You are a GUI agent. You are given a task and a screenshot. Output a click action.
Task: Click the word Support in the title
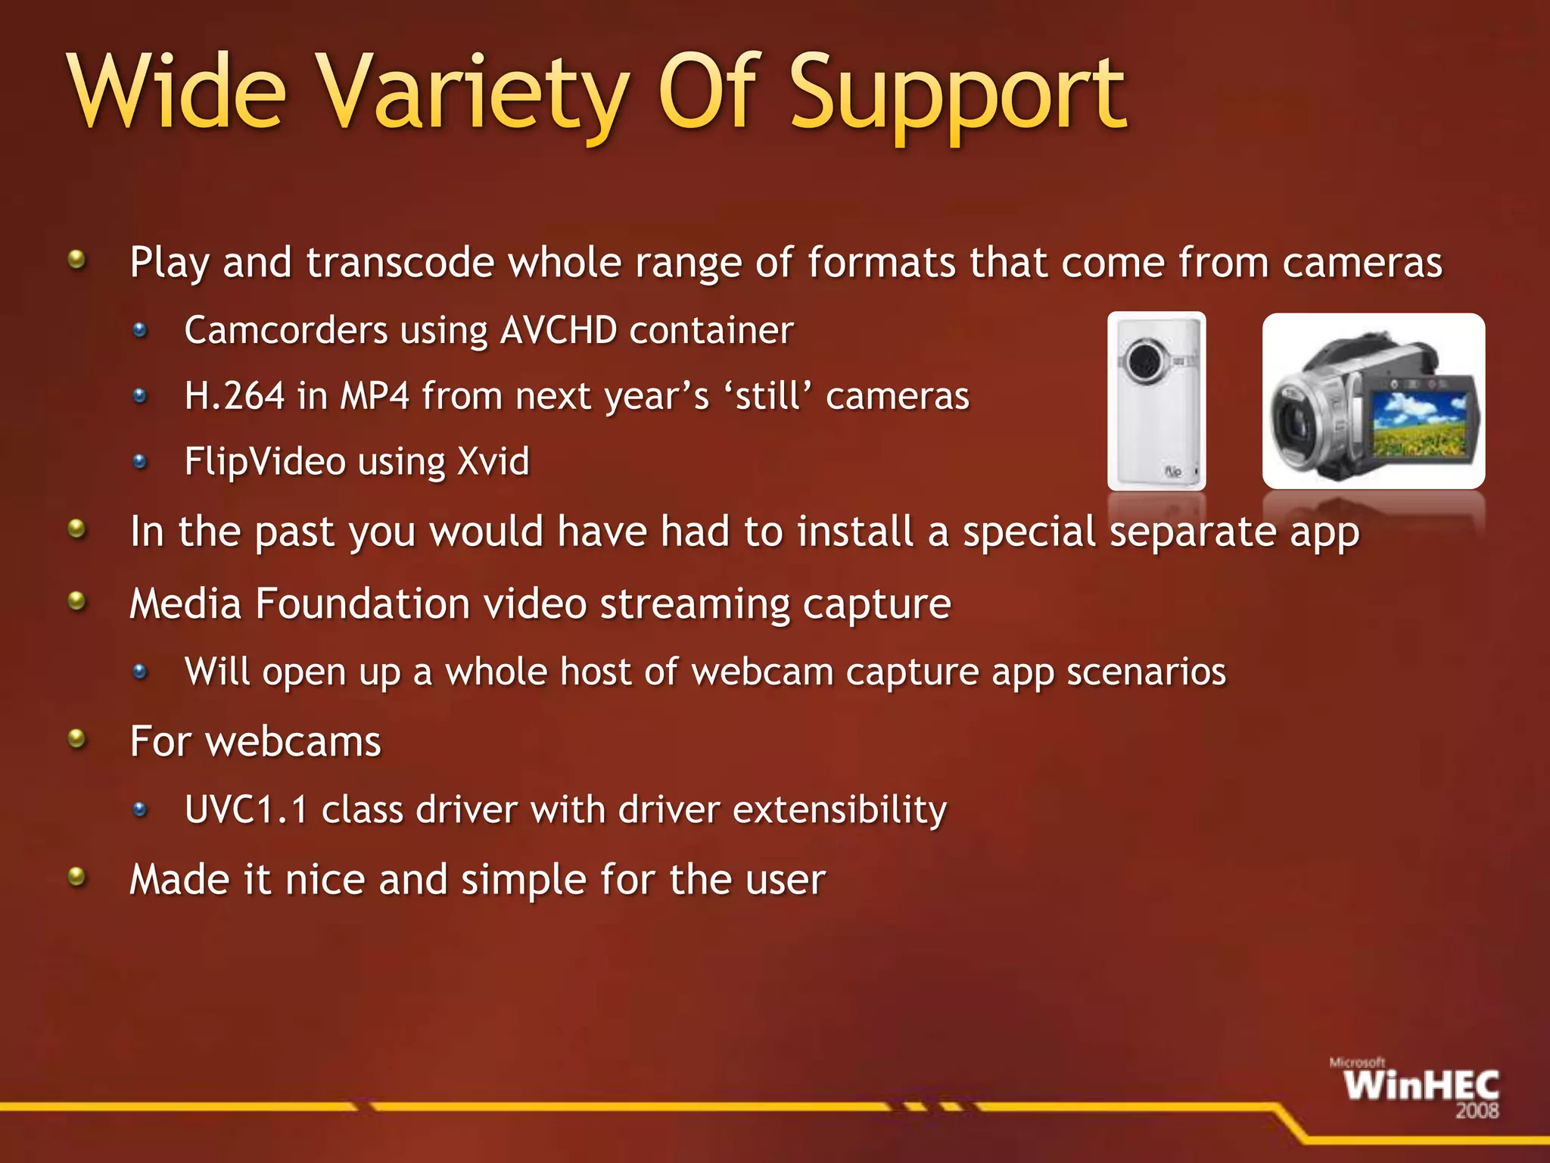[x=957, y=95]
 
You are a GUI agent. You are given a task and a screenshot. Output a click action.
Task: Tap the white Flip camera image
[x=1156, y=401]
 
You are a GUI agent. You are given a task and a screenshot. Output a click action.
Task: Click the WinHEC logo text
[x=1421, y=1086]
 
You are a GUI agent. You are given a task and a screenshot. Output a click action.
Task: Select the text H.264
[x=235, y=396]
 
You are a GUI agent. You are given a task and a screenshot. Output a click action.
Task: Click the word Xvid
[x=493, y=461]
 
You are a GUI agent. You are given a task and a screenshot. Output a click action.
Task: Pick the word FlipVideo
[x=265, y=463]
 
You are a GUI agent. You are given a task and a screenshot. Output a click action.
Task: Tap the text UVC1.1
[x=246, y=809]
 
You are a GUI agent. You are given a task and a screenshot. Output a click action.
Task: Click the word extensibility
[x=839, y=809]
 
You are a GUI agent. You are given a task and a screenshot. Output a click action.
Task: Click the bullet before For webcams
[x=76, y=737]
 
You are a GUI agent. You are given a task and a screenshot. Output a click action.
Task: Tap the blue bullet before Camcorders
[x=140, y=330]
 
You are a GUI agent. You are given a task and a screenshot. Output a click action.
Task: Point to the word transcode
[x=400, y=263]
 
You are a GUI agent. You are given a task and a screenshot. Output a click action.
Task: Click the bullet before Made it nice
[x=76, y=877]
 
